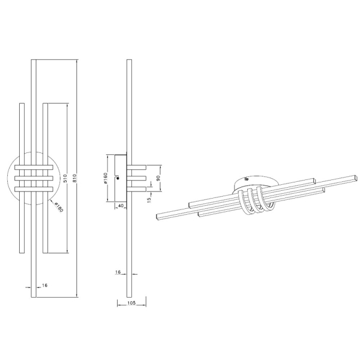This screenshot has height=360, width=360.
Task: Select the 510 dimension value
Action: pyautogui.click(x=64, y=179)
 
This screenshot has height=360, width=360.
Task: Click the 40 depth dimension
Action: pyautogui.click(x=120, y=206)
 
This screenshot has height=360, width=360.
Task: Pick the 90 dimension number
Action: pyautogui.click(x=158, y=178)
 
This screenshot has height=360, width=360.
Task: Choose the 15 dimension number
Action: pyautogui.click(x=148, y=200)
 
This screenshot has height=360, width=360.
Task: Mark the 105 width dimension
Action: pyautogui.click(x=132, y=304)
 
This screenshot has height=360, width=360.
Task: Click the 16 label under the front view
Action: pyautogui.click(x=45, y=285)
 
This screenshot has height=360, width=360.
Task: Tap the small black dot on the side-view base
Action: pyautogui.click(x=118, y=178)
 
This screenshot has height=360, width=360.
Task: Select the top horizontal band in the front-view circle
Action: pyautogui.click(x=34, y=167)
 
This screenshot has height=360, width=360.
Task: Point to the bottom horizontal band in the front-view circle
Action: pyautogui.click(x=34, y=190)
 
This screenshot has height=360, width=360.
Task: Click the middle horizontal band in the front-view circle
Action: pyautogui.click(x=34, y=178)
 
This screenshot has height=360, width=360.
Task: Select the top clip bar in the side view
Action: pyautogui.click(x=137, y=167)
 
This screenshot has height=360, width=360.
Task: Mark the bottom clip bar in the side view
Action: pyautogui.click(x=137, y=190)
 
